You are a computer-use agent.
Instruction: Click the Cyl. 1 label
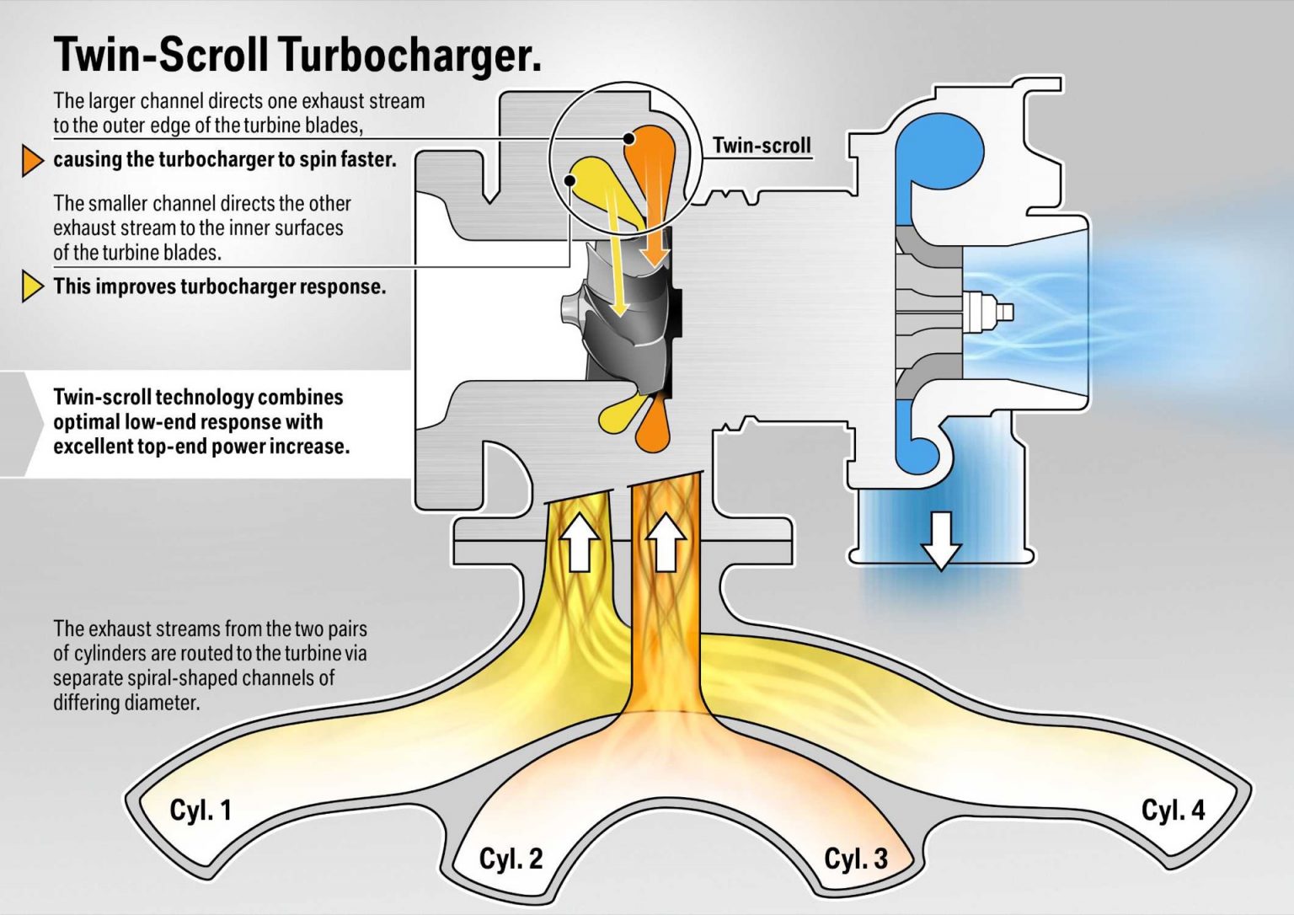tap(201, 810)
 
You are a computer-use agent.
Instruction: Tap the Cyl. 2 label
tap(511, 859)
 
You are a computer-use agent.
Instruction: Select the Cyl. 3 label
tap(855, 859)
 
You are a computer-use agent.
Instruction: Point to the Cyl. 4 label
tap(1173, 810)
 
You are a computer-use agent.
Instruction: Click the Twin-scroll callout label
tap(762, 146)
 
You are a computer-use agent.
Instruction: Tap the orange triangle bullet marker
tap(32, 160)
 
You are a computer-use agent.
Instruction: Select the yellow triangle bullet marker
tap(32, 286)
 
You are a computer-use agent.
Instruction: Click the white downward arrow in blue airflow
tap(940, 540)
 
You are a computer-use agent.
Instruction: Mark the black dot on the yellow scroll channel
tap(570, 180)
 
